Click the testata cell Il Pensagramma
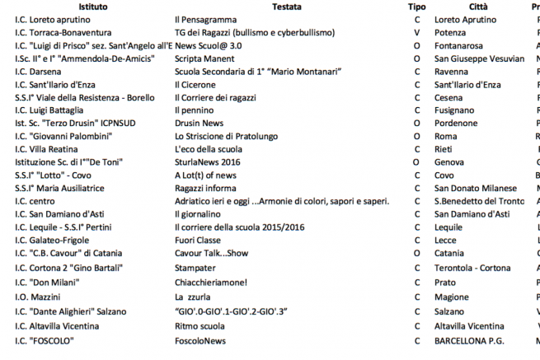coord(205,20)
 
